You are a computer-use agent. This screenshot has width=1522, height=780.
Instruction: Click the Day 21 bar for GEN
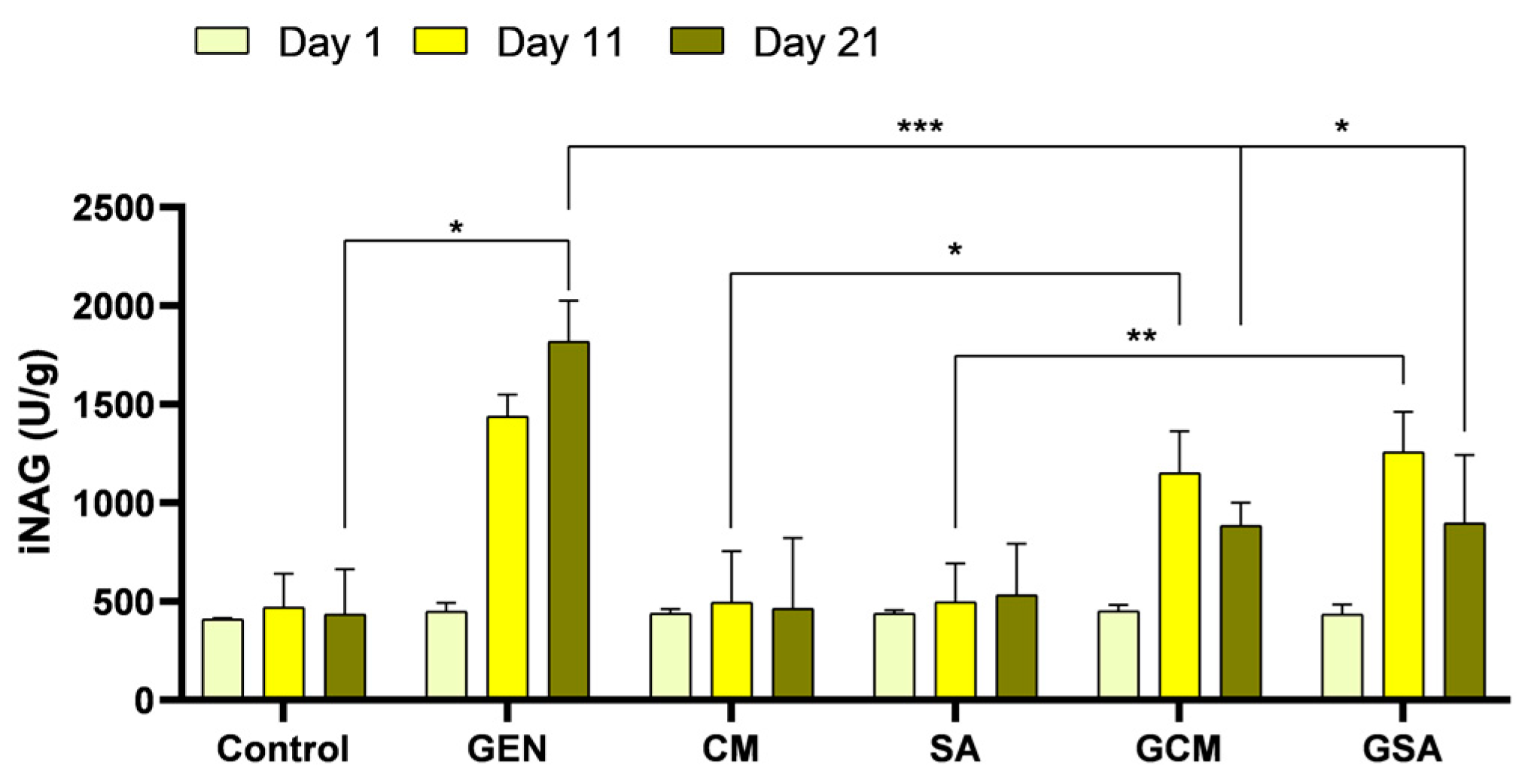point(568,519)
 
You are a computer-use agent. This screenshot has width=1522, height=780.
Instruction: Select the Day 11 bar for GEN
point(507,556)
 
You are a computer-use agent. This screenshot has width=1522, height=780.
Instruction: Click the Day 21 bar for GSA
point(1464,610)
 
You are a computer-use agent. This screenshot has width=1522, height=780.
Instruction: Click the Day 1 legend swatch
point(222,41)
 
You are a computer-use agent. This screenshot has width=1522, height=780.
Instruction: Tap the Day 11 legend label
point(560,42)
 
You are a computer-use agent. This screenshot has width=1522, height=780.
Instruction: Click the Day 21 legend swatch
point(696,41)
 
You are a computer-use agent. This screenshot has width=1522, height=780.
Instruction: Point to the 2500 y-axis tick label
point(113,208)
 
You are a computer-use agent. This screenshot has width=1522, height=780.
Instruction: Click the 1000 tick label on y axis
point(113,504)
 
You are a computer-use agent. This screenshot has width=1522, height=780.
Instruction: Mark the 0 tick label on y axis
point(143,701)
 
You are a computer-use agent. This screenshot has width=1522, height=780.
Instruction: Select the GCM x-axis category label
point(1178,749)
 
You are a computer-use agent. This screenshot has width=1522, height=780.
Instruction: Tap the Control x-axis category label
point(282,749)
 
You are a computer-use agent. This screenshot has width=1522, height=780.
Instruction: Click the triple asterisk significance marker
point(920,127)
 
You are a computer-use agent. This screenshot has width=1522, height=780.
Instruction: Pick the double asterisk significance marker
point(1141,337)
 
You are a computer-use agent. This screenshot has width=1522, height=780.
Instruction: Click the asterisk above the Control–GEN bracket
point(455,227)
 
